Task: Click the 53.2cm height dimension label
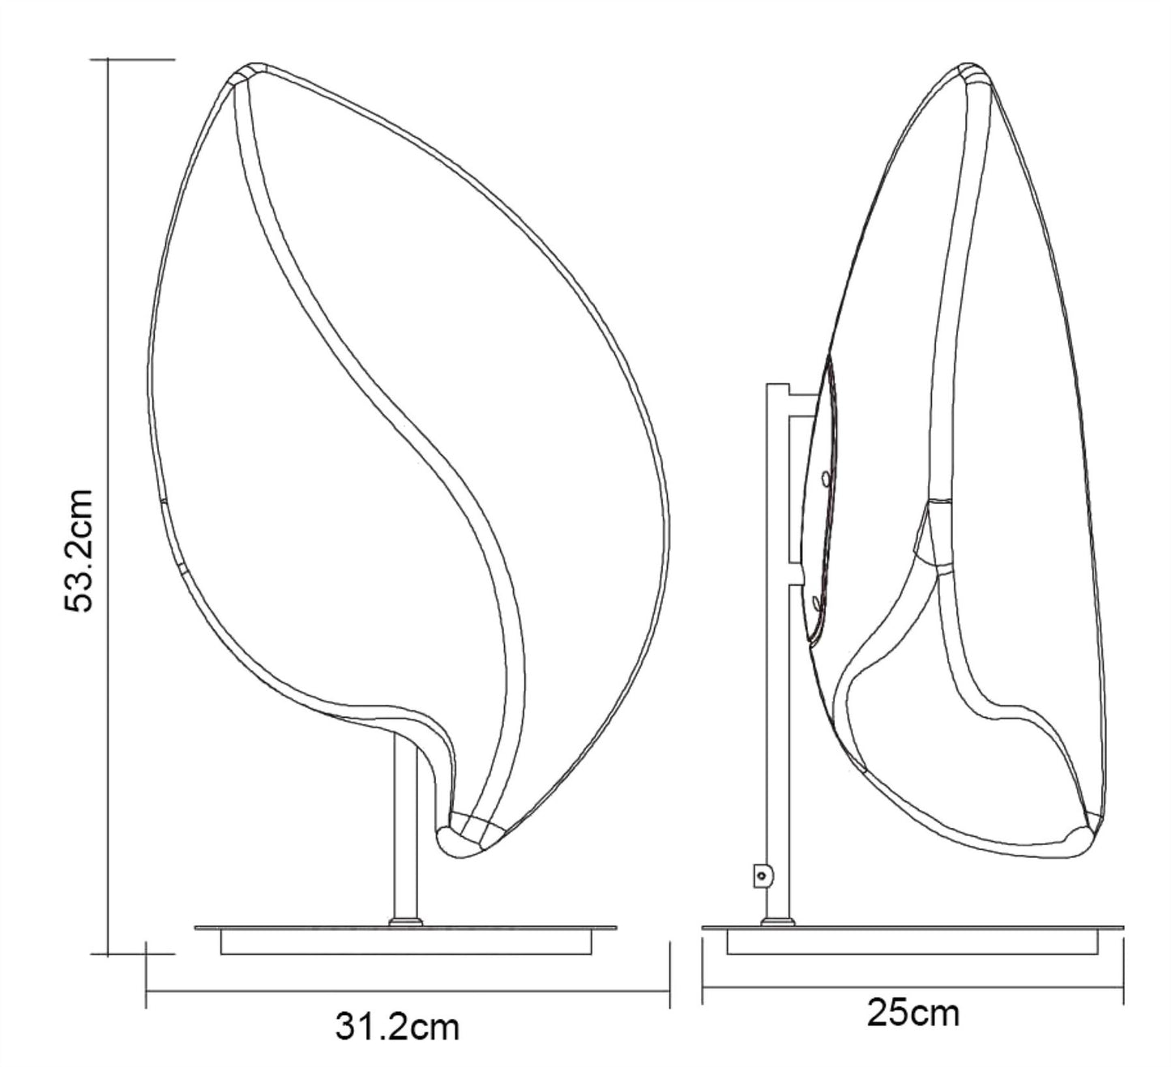tap(79, 550)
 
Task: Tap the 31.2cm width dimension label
tap(397, 1026)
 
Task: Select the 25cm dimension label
tap(912, 1013)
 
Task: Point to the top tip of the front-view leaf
tap(252, 63)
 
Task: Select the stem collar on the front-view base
tap(406, 922)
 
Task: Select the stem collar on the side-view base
tap(777, 922)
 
